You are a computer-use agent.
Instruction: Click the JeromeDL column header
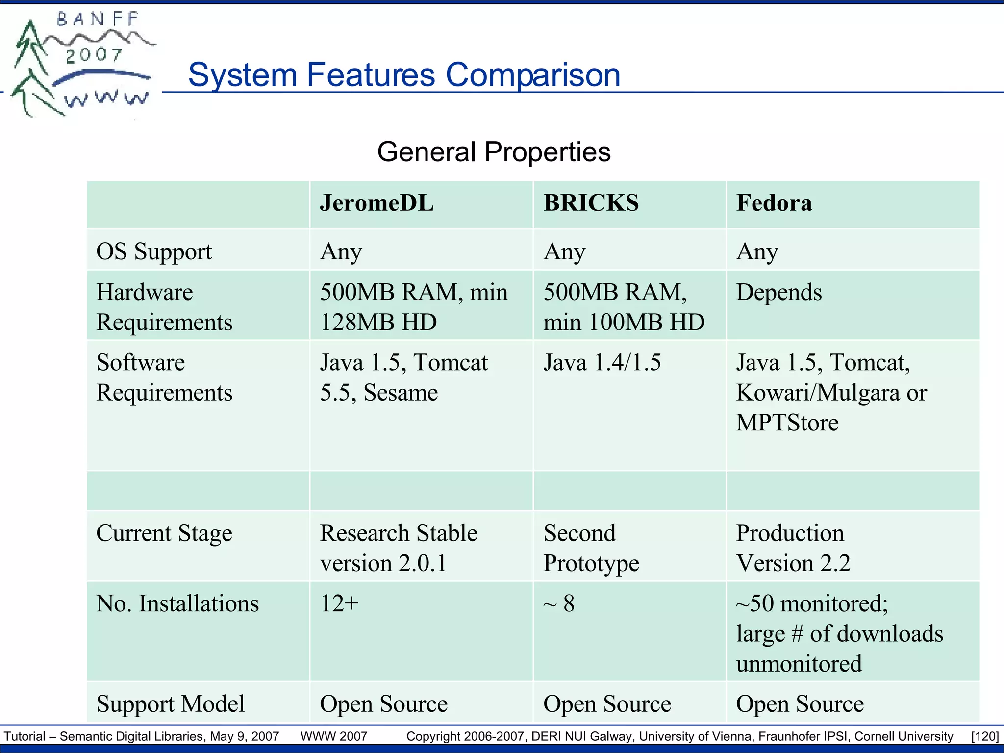point(376,203)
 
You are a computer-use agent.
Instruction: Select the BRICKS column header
point(591,203)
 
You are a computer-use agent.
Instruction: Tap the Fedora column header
point(774,203)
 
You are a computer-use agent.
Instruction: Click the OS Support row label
point(154,251)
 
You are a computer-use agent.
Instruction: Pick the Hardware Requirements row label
point(164,307)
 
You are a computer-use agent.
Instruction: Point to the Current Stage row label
point(164,533)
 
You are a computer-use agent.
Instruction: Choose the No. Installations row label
point(177,603)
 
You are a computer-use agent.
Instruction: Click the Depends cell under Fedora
point(778,292)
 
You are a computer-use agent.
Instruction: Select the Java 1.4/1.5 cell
point(602,363)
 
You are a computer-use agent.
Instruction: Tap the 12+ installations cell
point(339,603)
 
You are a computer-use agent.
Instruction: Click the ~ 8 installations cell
point(559,603)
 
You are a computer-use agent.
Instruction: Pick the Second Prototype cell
point(591,548)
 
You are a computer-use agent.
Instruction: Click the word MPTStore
point(787,423)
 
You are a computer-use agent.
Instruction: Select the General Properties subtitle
point(494,151)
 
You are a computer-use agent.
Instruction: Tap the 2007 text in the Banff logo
point(94,55)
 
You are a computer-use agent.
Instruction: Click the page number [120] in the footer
point(984,736)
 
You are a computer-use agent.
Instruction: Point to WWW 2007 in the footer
point(333,736)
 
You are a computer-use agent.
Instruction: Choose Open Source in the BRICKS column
point(606,704)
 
